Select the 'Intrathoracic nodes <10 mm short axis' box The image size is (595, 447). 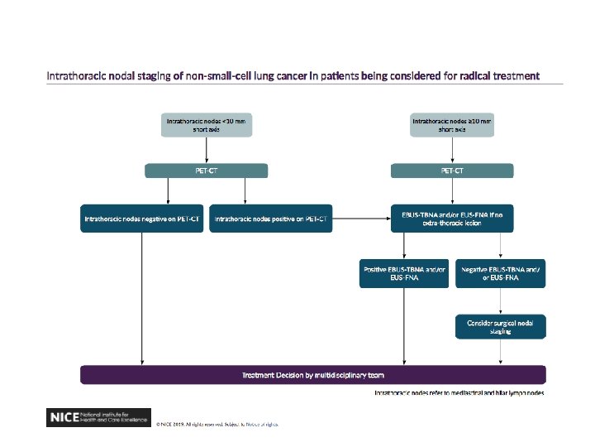[x=206, y=125]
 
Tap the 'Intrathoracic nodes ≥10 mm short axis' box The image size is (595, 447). [x=452, y=125]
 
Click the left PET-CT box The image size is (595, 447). [x=206, y=171]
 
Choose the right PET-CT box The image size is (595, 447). [x=452, y=171]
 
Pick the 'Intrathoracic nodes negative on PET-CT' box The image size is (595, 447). [x=142, y=219]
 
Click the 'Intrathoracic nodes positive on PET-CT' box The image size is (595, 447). [x=271, y=219]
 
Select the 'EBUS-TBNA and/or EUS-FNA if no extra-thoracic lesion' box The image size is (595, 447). [x=452, y=219]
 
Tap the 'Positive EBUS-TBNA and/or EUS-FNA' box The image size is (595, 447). [x=404, y=274]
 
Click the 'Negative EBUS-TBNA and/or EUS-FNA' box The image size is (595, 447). [x=500, y=274]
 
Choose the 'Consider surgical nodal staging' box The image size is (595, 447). [x=500, y=326]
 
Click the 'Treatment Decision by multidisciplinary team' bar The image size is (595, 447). [x=312, y=375]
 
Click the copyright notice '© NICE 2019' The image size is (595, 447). [x=217, y=423]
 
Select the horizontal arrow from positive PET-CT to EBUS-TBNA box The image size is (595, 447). [x=361, y=219]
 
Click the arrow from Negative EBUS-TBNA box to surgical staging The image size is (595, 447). [x=500, y=300]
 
